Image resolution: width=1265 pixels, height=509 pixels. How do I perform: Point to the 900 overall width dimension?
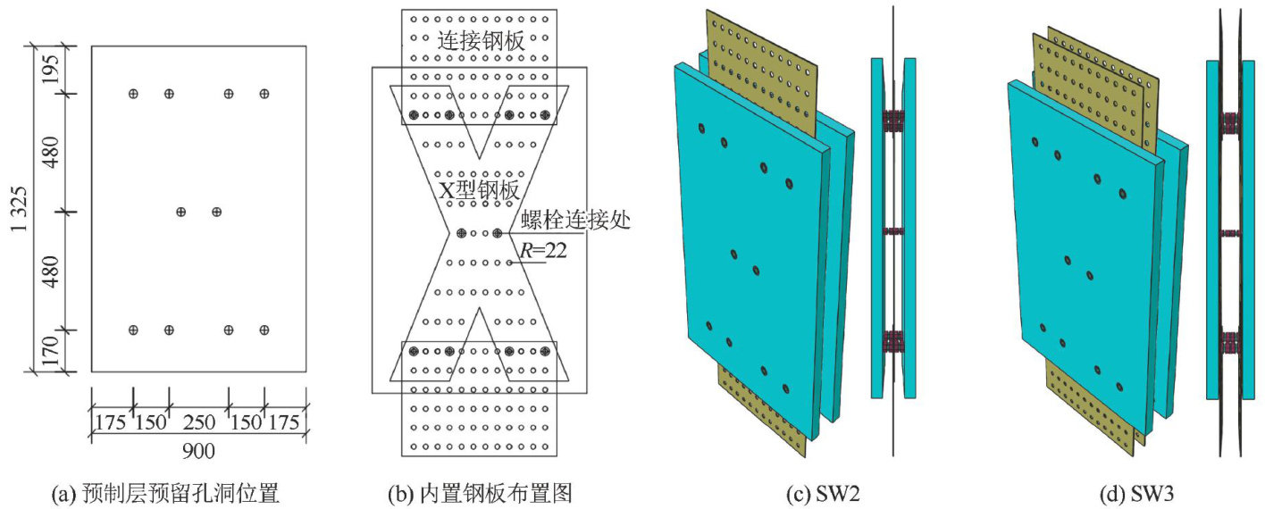(198, 451)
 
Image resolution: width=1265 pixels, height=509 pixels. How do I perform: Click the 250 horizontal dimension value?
(198, 421)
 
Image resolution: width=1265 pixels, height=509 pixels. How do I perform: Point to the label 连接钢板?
(480, 41)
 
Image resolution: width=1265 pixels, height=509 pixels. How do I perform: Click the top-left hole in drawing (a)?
(133, 94)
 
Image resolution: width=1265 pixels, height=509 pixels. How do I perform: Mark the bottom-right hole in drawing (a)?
(264, 330)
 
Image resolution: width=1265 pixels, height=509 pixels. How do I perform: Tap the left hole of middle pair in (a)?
(181, 213)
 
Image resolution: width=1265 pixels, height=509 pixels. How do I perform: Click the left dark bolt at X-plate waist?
(462, 233)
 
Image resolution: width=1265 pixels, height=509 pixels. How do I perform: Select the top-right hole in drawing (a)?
(264, 94)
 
